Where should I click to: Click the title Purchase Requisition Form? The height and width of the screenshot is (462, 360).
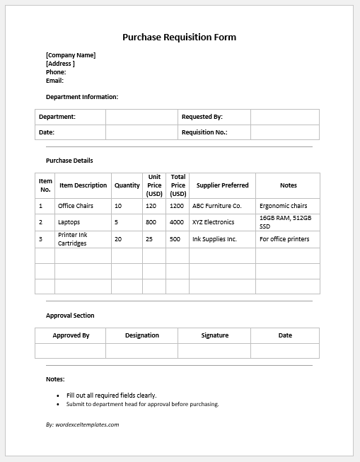click(179, 37)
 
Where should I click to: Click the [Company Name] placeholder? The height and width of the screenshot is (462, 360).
click(71, 55)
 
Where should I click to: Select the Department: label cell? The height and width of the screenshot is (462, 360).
click(57, 117)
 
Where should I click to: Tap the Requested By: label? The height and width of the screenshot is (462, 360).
click(202, 117)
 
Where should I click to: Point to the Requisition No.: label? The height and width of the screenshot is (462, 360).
click(204, 132)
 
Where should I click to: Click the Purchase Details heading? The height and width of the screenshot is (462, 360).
click(69, 161)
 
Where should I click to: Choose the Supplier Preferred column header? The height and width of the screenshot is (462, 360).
click(222, 185)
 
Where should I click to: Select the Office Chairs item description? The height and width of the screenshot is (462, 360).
click(76, 206)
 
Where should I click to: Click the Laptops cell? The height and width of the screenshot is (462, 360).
click(69, 222)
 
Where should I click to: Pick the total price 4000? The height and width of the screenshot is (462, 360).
click(177, 222)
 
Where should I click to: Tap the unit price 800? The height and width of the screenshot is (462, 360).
click(151, 222)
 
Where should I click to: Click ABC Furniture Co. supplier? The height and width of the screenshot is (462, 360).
click(217, 206)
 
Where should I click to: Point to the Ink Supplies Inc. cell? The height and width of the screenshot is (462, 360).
click(214, 239)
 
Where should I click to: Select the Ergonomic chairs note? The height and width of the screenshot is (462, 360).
click(284, 206)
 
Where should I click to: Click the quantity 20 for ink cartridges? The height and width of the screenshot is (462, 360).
click(118, 239)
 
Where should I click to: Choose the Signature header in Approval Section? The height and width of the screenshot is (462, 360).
click(214, 335)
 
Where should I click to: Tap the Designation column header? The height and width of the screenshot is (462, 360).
click(142, 335)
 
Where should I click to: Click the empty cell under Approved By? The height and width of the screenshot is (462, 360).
click(71, 351)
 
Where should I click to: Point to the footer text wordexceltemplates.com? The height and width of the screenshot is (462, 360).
click(82, 425)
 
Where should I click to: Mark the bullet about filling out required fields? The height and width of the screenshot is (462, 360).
click(111, 395)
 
